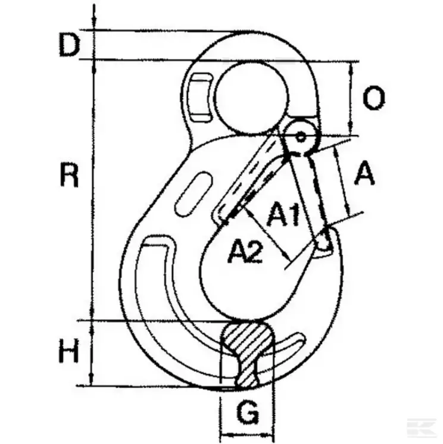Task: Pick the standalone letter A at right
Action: click(x=365, y=174)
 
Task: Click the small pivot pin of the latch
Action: click(x=301, y=136)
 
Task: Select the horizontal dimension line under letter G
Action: click(x=247, y=433)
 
